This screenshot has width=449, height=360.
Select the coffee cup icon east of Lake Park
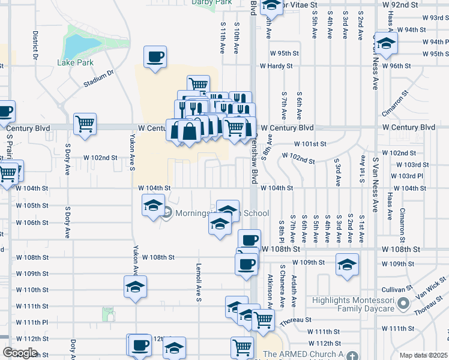[155, 58]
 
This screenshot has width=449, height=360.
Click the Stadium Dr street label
[99, 79]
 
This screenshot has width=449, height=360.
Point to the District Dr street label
[35, 45]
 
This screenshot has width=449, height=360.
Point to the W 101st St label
[310, 144]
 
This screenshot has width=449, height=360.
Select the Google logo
[20, 353]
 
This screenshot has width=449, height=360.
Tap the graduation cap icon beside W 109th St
[347, 265]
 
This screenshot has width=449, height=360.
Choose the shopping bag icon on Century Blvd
[190, 130]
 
